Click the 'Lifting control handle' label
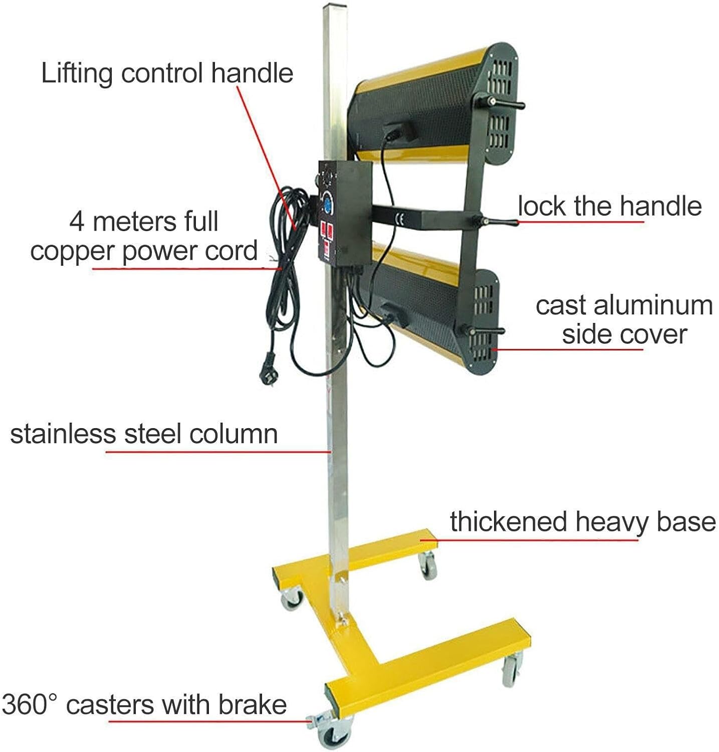tap(167, 73)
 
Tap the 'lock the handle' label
tap(609, 206)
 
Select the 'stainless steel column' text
tap(144, 434)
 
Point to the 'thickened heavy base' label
tap(582, 521)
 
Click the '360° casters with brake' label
tap(144, 704)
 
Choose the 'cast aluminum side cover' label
tap(624, 320)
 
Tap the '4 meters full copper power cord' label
tap(144, 236)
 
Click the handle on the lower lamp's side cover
tap(484, 331)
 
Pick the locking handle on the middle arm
tap(496, 221)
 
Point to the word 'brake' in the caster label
tap(252, 704)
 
